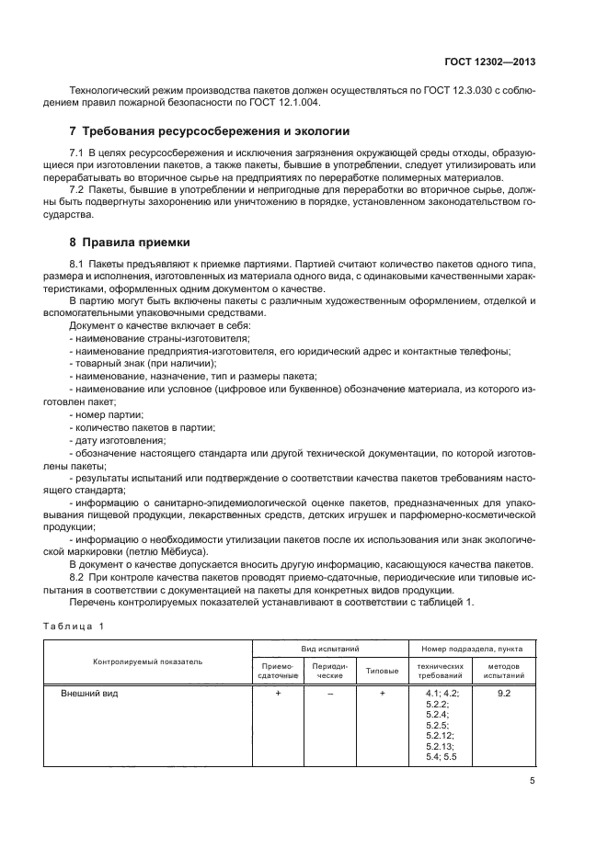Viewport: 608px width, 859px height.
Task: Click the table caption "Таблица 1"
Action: coord(75,627)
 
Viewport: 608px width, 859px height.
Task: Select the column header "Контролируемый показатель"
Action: coord(147,661)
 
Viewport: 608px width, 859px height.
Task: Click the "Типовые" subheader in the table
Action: coord(382,671)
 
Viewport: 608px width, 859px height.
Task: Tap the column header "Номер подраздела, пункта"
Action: coord(471,649)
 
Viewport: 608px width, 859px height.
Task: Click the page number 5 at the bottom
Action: coord(533,781)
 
